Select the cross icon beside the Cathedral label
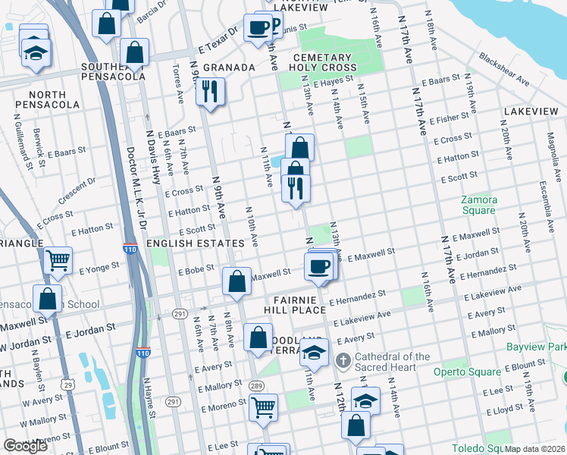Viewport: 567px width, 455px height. coord(343,362)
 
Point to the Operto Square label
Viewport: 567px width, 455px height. coord(467,372)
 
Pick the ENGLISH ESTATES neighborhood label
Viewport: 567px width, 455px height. coord(196,243)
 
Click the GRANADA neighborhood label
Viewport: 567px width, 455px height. coord(228,67)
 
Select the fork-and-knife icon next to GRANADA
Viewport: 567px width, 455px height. coord(208,91)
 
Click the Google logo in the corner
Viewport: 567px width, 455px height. coord(25,446)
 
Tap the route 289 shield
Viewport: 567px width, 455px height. coord(255,386)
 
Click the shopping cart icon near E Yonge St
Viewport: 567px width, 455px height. coord(58,260)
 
